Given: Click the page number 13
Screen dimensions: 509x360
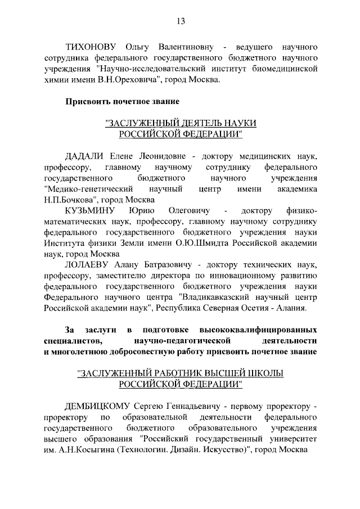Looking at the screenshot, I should [181, 21].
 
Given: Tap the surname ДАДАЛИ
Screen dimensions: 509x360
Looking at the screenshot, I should [85, 156].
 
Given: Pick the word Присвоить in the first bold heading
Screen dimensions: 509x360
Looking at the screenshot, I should [88, 102].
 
